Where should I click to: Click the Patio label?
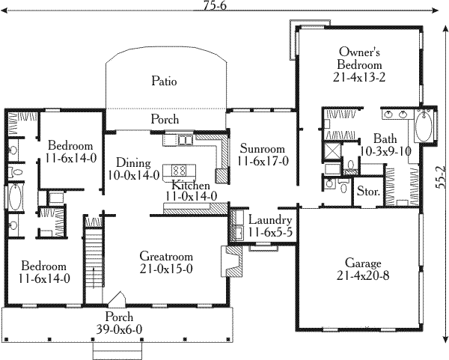click(163, 81)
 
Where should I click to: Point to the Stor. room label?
click(368, 192)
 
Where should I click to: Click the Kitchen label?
click(190, 185)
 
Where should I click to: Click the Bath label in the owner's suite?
click(385, 138)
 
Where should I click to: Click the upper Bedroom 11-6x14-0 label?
click(70, 145)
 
